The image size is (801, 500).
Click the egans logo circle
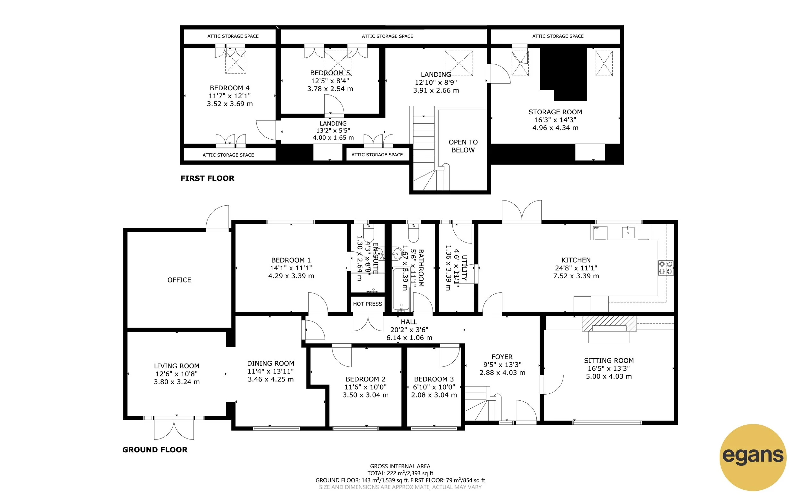753,457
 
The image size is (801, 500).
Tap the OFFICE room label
179,280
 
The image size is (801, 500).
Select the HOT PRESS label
367,304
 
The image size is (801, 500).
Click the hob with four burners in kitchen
666,268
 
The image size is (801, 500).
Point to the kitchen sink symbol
628,232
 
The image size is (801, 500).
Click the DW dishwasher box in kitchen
599,233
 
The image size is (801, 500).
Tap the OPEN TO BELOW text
463,146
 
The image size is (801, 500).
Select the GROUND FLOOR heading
155,450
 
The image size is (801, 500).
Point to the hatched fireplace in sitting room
609,323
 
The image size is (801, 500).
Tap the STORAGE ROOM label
555,112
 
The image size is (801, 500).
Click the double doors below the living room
174,430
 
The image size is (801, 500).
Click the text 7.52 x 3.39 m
576,276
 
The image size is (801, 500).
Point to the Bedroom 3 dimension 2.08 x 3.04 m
434,395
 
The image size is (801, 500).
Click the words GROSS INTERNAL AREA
400,466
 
